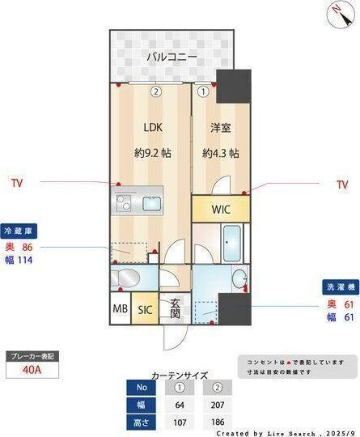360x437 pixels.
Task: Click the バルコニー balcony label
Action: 172,57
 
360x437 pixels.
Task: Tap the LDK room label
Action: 153,128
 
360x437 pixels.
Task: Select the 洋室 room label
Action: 220,128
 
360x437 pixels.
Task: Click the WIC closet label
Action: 221,209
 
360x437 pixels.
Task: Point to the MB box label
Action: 120,310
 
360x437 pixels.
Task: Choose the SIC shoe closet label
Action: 146,310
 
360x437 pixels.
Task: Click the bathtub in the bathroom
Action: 233,240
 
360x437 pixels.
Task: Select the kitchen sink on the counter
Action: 154,202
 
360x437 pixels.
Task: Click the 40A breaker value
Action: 33,371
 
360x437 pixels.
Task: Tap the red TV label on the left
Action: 17,184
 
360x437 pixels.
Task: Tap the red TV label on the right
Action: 341,185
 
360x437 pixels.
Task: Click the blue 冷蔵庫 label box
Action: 19,230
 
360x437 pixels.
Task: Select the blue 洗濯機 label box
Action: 339,286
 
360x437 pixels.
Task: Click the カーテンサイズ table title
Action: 180,375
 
